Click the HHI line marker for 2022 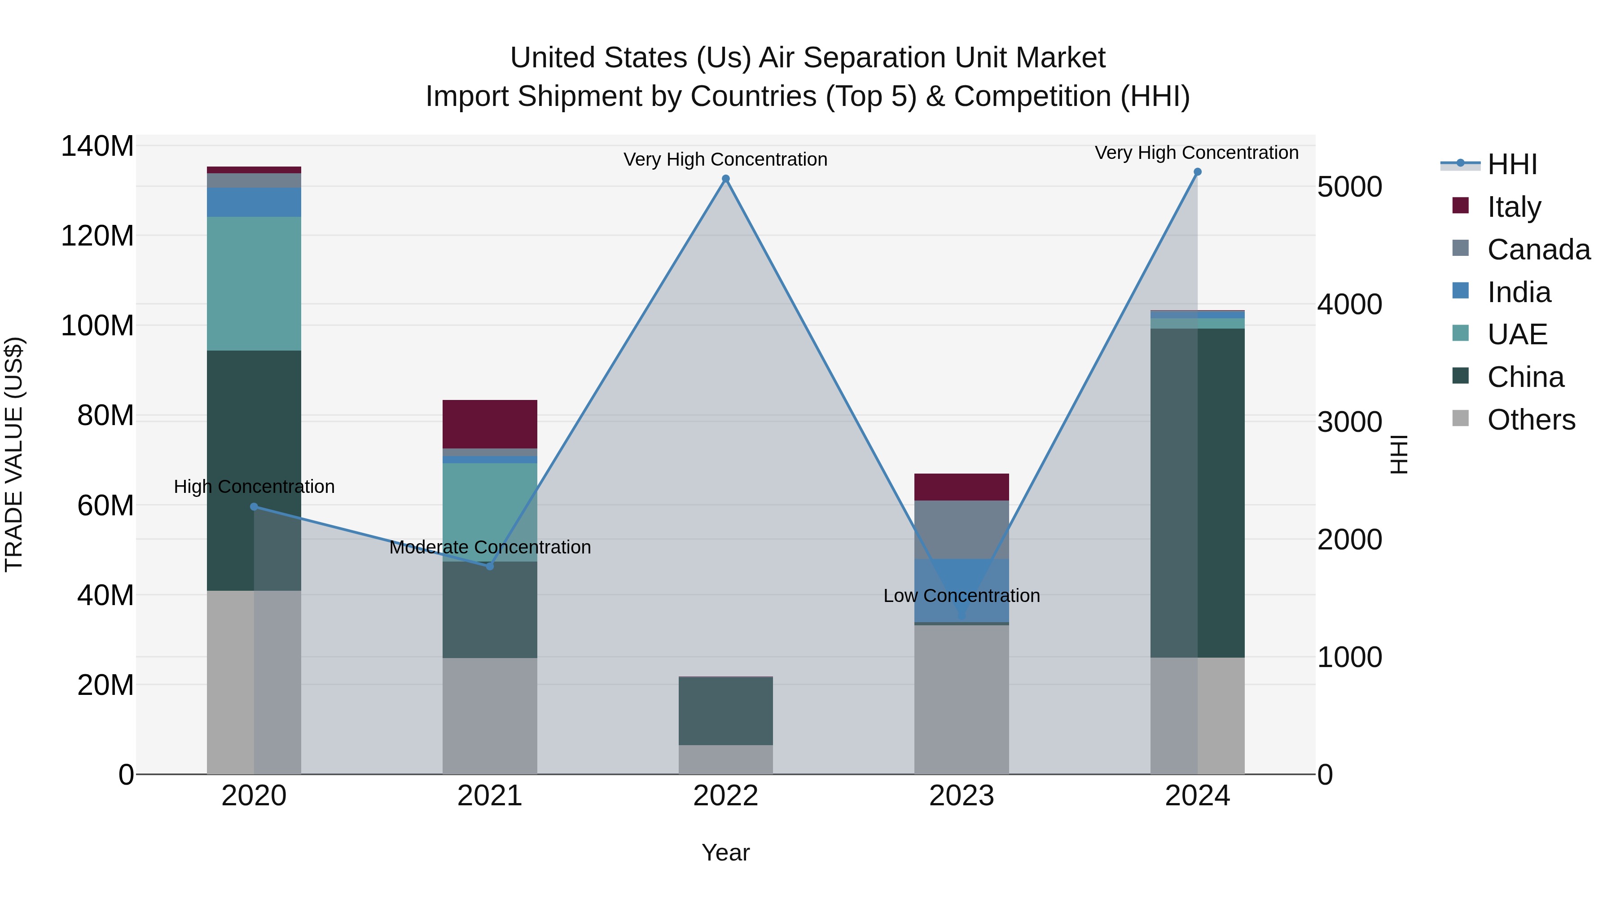point(726,179)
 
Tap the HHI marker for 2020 point(254,507)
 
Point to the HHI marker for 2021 point(490,566)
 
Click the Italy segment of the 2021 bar point(490,424)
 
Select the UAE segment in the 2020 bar point(254,284)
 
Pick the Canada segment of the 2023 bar point(961,530)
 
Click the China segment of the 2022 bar point(726,711)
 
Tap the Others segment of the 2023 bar point(961,699)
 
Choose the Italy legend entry point(1513,207)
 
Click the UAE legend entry point(1516,334)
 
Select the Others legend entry point(1531,420)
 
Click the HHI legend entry point(1511,164)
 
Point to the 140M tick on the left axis point(97,146)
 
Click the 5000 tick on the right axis point(1349,187)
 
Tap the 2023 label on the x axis point(961,796)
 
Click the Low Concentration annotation point(961,595)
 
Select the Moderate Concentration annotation point(490,547)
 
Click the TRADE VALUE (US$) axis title point(14,454)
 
